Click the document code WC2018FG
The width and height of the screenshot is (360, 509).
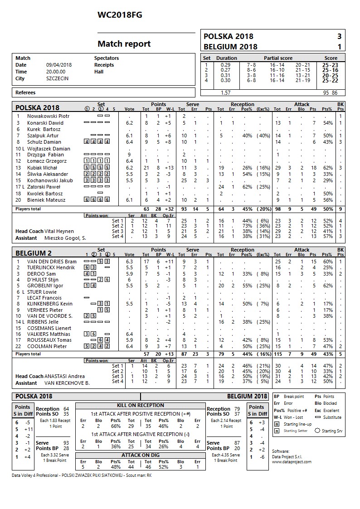coord(120,15)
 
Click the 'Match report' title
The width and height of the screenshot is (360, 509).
coord(124,44)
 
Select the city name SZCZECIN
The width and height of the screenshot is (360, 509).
coord(57,78)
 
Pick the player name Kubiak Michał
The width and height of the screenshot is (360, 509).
coord(44,168)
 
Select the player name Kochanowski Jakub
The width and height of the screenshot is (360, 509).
coord(50,180)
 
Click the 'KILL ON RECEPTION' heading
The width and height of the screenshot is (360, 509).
coord(141,405)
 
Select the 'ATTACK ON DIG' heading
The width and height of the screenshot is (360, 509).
coord(141,455)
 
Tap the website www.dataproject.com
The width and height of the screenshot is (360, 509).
coord(292,462)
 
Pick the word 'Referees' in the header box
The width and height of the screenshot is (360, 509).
coord(25,92)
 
